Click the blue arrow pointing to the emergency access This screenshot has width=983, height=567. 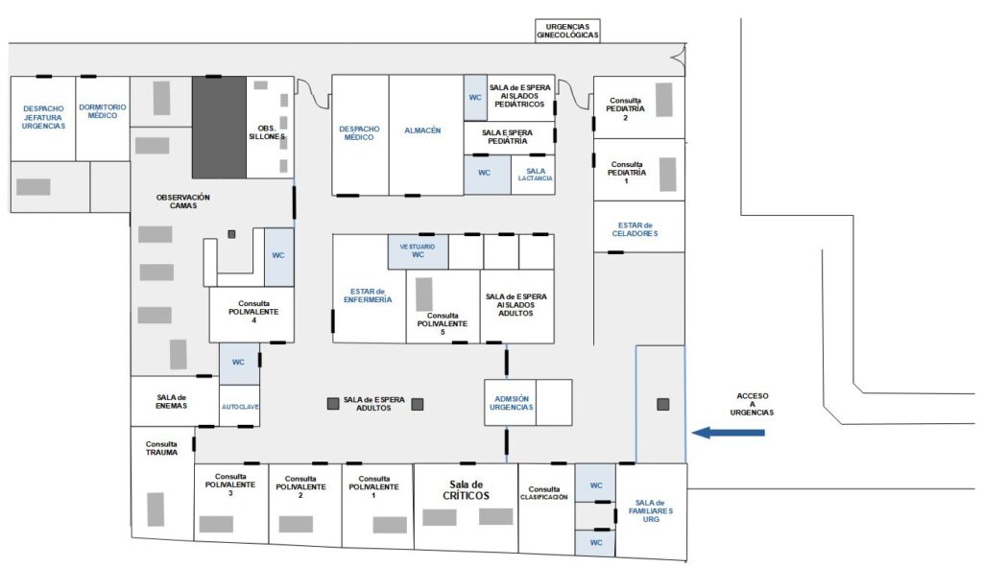(728, 433)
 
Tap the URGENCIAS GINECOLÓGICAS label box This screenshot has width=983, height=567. (567, 31)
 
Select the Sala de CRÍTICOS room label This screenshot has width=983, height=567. (466, 490)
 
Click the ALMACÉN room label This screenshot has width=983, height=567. (422, 130)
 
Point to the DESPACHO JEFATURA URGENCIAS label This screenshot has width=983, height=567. (43, 117)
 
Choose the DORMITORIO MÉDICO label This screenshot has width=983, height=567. (102, 111)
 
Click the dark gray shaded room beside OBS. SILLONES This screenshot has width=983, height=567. (219, 128)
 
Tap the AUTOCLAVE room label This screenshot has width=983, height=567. (240, 407)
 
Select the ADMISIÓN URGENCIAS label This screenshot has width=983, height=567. (511, 403)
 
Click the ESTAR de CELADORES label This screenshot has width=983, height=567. (635, 229)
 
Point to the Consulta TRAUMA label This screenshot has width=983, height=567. (161, 448)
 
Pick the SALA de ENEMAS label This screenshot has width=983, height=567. (171, 402)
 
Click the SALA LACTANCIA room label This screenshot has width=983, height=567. (536, 175)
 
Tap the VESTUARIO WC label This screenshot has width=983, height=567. (418, 250)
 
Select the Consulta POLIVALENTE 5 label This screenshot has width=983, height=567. (443, 324)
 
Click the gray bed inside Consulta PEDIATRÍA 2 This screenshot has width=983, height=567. (664, 100)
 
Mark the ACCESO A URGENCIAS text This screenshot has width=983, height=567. (752, 404)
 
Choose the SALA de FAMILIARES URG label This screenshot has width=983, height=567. (650, 511)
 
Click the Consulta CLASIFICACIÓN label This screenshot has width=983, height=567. (543, 493)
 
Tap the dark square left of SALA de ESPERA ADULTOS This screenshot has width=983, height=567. (333, 404)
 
